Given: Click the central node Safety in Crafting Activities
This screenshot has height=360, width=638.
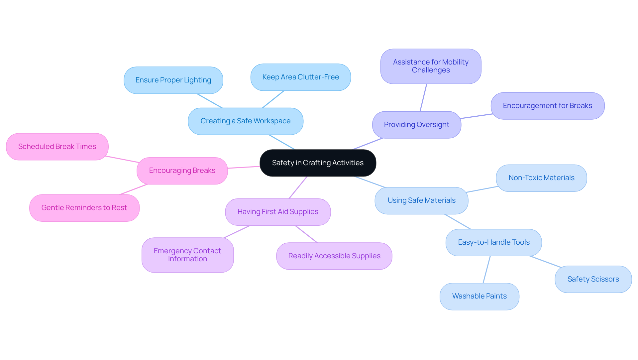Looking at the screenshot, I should pyautogui.click(x=318, y=163).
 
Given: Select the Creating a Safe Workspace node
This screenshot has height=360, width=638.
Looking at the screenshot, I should pyautogui.click(x=245, y=121).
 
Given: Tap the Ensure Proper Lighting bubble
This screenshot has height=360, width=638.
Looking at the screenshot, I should pyautogui.click(x=173, y=80).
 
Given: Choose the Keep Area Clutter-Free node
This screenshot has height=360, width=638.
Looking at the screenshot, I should pyautogui.click(x=300, y=77).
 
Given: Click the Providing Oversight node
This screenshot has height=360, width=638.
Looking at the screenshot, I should pyautogui.click(x=416, y=125).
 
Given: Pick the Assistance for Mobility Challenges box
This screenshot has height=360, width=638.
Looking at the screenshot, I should pyautogui.click(x=431, y=66).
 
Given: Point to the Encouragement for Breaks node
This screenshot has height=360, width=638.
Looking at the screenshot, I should pyautogui.click(x=547, y=106).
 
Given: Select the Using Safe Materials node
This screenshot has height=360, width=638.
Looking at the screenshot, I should pyautogui.click(x=421, y=200).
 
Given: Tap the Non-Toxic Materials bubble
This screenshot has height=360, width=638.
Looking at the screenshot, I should pyautogui.click(x=541, y=178).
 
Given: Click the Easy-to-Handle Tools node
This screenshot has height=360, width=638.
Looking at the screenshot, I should pyautogui.click(x=493, y=242).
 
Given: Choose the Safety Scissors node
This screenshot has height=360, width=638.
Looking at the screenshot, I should pyautogui.click(x=593, y=279).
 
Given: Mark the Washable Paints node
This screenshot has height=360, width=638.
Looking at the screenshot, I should pyautogui.click(x=479, y=296).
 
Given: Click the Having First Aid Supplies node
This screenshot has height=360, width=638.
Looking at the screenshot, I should pyautogui.click(x=278, y=212).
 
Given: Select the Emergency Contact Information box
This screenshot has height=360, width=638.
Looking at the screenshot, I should pyautogui.click(x=187, y=255).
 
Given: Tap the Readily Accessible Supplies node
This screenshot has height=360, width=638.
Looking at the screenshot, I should pyautogui.click(x=334, y=256).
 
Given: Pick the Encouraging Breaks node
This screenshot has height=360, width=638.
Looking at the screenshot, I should pyautogui.click(x=182, y=171).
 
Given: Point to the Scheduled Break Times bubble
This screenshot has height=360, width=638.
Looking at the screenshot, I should pyautogui.click(x=57, y=147).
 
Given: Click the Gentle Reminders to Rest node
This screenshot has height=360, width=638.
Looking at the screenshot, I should pyautogui.click(x=84, y=208).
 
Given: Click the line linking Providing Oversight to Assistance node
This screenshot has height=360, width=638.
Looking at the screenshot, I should pyautogui.click(x=423, y=98).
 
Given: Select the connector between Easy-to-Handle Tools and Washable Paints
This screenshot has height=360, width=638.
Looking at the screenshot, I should pyautogui.click(x=486, y=270).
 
